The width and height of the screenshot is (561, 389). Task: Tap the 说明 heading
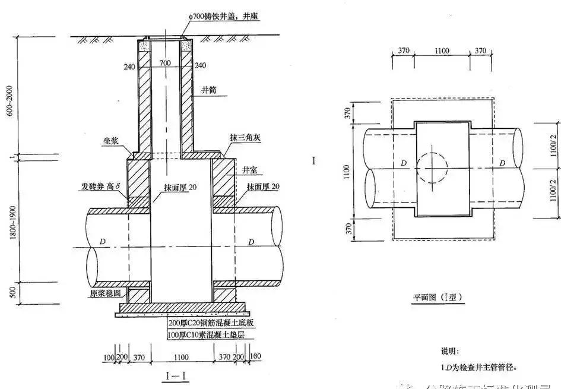click(x=449, y=352)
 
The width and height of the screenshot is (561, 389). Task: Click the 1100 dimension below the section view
click(x=181, y=356)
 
